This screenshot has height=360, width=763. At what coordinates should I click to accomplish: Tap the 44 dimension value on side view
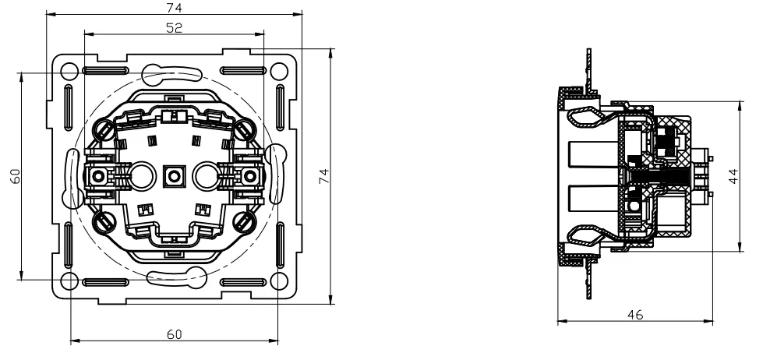tap(733, 177)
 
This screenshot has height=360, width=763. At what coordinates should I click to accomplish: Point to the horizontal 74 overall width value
tap(174, 7)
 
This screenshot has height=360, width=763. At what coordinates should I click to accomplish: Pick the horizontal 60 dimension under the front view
tap(174, 334)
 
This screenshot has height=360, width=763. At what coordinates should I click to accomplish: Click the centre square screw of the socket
tap(174, 176)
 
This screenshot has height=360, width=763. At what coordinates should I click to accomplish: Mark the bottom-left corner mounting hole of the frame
tap(69, 281)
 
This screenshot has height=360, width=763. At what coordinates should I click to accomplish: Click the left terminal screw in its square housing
tap(98, 176)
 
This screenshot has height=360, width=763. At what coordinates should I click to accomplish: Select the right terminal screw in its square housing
tap(249, 176)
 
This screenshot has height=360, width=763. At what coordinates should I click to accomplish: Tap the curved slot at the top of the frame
tap(174, 75)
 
